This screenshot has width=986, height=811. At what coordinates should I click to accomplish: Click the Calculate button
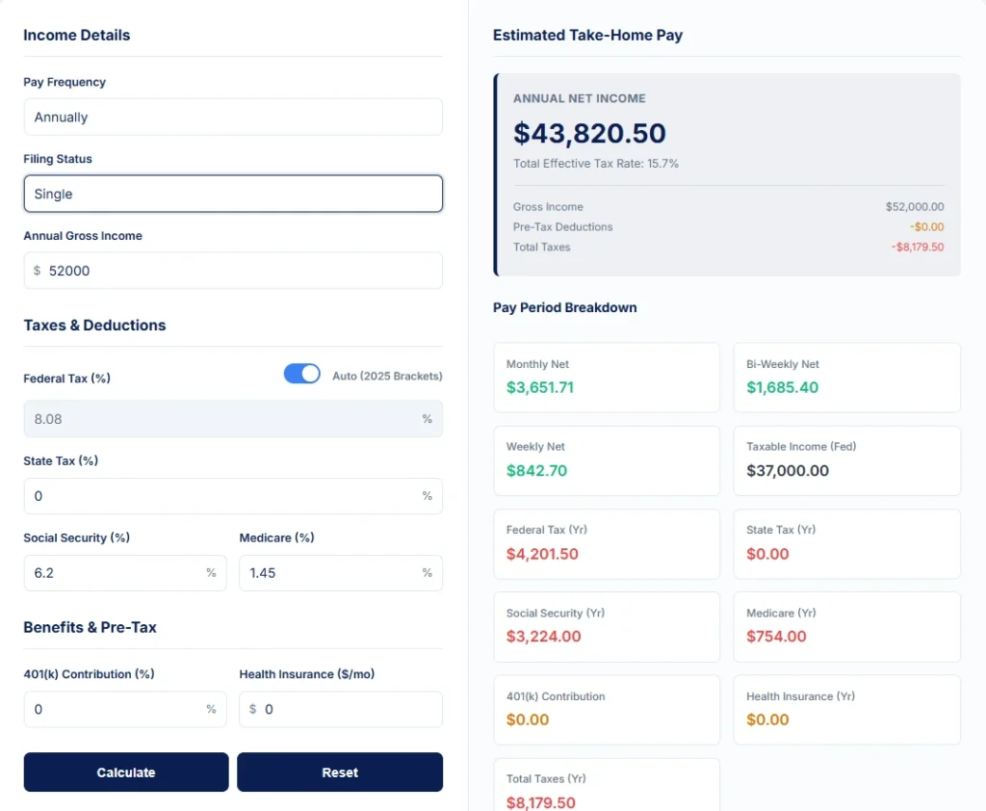126,772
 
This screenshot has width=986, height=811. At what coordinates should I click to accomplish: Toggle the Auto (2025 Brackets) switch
301,374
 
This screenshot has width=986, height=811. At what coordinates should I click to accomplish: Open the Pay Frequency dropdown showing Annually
233,118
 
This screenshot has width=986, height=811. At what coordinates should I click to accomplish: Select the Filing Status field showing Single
233,194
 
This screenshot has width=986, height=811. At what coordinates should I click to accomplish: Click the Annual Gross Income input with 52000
233,271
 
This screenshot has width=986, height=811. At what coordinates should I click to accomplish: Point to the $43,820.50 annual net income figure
589,133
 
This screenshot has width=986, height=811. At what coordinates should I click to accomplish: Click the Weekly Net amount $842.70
536,471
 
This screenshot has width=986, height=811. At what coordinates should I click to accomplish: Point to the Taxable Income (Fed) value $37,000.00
788,471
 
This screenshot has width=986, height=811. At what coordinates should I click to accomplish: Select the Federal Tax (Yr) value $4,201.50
542,554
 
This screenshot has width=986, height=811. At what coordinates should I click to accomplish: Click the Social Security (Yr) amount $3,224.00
543,637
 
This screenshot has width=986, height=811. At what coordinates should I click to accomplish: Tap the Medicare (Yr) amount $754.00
776,637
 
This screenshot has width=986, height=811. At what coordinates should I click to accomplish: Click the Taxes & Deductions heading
94,326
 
